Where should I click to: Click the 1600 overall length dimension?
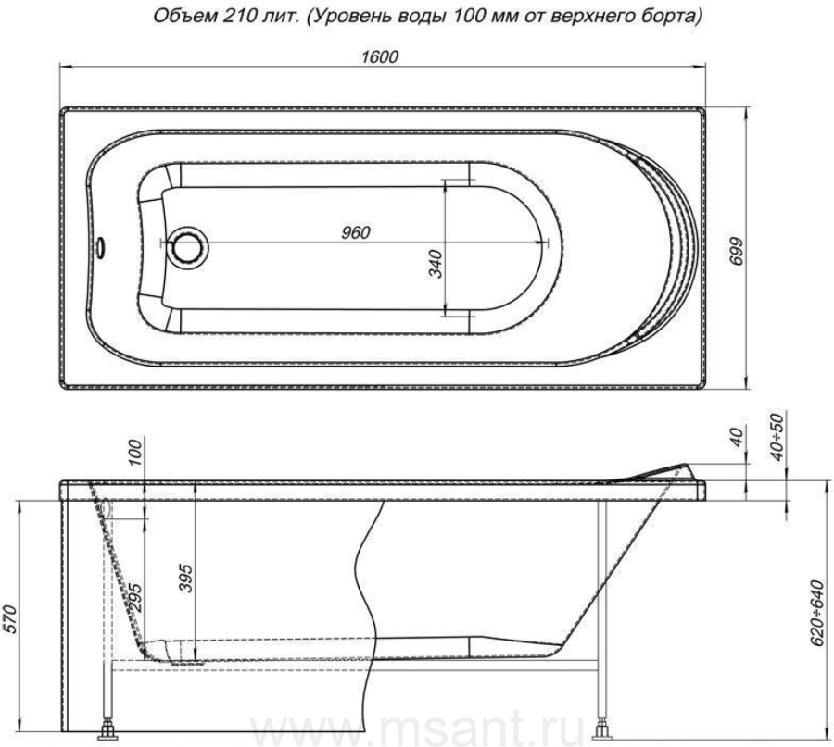coord(380,56)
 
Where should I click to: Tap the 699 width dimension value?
coord(736,250)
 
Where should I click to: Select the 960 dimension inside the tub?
coord(355,232)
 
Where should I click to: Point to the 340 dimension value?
coord(436,263)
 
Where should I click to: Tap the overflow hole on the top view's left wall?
coord(100,246)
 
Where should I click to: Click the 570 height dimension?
coord(9,619)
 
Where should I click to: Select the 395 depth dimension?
coord(185,578)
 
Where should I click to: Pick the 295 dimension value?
coord(135,599)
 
